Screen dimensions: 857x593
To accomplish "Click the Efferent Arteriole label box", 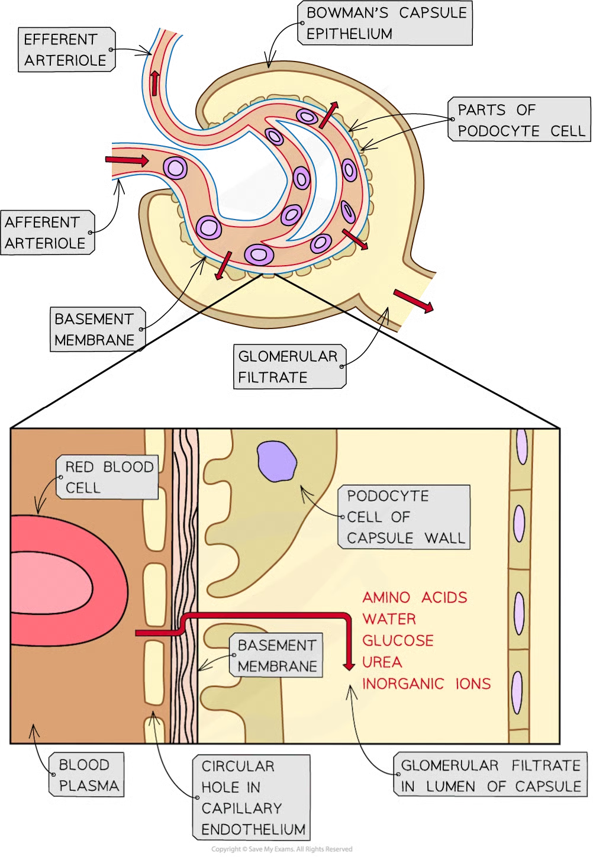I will tap(65, 50).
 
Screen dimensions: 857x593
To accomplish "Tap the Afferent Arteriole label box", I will tap(46, 233).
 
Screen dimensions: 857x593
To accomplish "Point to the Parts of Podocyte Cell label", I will tap(518, 120).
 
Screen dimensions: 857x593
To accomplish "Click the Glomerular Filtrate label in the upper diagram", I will tap(288, 367).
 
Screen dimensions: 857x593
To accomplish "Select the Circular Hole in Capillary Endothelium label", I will tap(252, 797).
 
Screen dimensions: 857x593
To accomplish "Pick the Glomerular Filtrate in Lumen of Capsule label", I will tap(491, 775).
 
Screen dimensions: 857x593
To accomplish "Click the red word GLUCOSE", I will tap(398, 640).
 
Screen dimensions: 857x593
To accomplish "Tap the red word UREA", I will tap(382, 662).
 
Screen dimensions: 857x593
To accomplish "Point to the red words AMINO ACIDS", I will tap(414, 597).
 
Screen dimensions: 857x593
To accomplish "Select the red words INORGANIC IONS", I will tap(426, 684).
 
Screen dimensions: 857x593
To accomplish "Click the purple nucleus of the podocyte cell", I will tap(276, 462).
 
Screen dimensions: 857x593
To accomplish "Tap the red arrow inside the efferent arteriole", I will tap(155, 83).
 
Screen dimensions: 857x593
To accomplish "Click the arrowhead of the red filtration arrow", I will tap(349, 666).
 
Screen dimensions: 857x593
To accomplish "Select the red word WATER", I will tap(389, 619).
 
